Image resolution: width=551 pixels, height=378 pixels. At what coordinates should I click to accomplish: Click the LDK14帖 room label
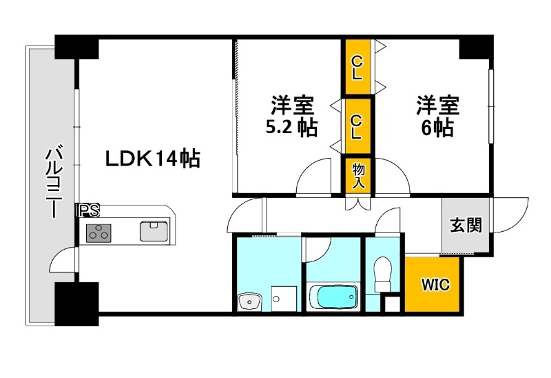click(x=152, y=159)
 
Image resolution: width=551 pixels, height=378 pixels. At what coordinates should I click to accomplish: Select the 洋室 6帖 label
click(x=437, y=117)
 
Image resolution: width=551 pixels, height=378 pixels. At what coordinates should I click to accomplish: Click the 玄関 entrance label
click(x=466, y=225)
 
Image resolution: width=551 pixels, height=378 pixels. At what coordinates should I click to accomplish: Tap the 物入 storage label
click(x=358, y=176)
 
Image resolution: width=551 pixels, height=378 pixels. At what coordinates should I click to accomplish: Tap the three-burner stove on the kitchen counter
click(x=99, y=232)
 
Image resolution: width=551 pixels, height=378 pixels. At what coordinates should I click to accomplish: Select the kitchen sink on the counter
click(x=154, y=230)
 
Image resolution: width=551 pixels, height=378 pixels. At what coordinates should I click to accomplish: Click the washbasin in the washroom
click(x=249, y=301)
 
